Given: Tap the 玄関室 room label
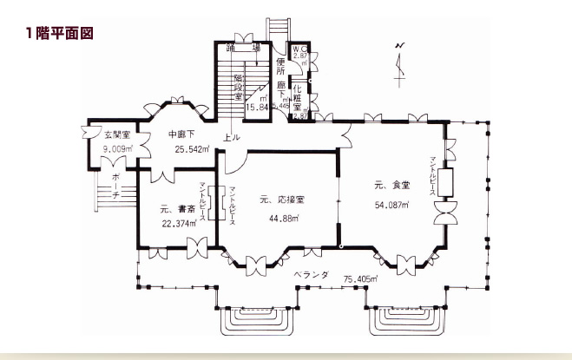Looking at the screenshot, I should tap(118, 135).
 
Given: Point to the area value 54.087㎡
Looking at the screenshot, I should tap(391, 205).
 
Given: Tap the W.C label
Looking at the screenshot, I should tap(299, 49).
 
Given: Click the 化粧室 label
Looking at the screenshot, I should tap(297, 97).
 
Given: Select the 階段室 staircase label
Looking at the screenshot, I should tap(238, 87).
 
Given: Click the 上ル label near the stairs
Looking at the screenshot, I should tap(232, 138).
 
